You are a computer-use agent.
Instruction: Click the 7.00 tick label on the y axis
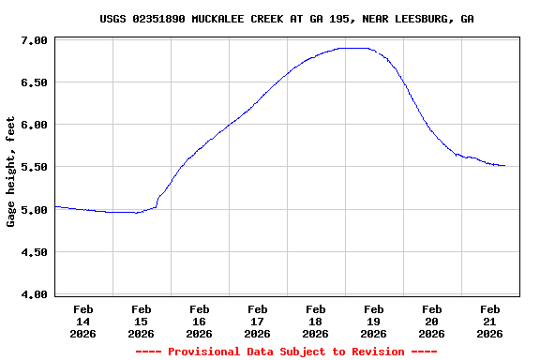35,40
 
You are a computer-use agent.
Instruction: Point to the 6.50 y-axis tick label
35,82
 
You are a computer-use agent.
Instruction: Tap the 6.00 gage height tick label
35,125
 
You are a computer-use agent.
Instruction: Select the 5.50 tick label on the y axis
35,167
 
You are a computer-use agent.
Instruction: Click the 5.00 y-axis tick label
35,210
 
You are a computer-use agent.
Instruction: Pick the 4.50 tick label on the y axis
35,252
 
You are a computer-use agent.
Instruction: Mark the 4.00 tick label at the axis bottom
35,294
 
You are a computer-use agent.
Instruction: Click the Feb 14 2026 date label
83,321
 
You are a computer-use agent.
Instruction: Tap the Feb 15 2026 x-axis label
142,321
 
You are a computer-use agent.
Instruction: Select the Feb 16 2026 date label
200,321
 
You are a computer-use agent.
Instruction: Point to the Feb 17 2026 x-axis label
258,321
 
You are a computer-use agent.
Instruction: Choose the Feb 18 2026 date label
316,321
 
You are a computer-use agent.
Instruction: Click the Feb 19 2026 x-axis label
374,321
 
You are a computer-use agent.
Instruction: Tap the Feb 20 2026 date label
432,321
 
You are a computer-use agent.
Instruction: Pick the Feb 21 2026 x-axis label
490,321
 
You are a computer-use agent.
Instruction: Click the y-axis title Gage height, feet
11,172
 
